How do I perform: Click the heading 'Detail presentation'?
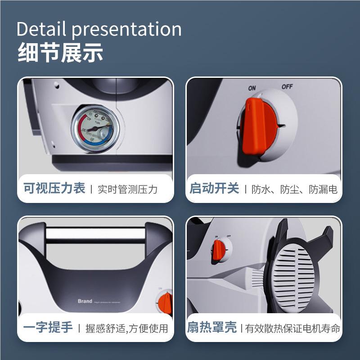coord(99,30)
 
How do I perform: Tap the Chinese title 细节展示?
coord(60,53)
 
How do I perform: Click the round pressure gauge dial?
coord(95,128)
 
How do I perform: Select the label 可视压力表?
coord(54,188)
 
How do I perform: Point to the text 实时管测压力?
coord(128,189)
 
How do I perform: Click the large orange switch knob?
coord(254,126)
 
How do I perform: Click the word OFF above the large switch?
coord(287,86)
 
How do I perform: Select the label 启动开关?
coord(215,188)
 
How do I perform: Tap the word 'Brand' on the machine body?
coord(85,301)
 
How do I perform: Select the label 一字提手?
coord(48,328)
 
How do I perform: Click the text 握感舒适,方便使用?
coord(127,328)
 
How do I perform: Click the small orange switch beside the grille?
coord(220,249)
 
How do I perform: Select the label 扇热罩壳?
coord(212,328)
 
